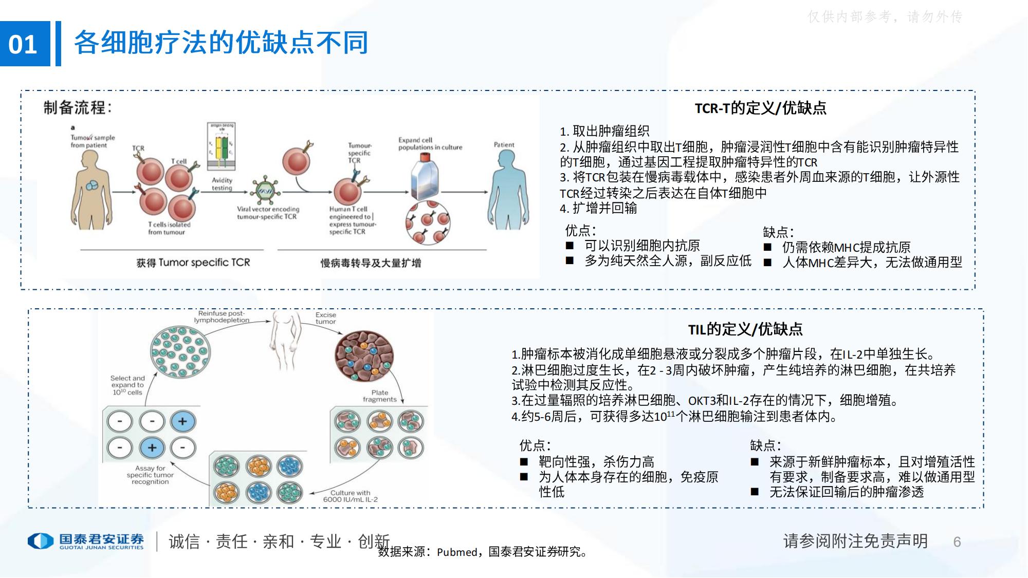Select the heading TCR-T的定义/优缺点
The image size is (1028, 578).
760,108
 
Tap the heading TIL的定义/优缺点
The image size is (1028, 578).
745,329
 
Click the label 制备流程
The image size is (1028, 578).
78,108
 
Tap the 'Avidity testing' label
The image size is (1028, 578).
222,184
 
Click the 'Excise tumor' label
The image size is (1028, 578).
326,318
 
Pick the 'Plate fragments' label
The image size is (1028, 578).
380,396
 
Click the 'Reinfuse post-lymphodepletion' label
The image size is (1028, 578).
222,316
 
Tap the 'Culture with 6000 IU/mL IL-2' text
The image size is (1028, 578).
351,496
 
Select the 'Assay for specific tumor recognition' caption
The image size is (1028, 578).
150,475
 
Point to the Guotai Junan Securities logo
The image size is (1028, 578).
86,541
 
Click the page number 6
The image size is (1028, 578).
957,542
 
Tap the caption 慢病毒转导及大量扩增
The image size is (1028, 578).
371,263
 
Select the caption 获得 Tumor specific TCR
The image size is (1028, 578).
193,263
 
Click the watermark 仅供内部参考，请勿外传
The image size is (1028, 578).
885,17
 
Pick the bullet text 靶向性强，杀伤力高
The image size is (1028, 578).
596,461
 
